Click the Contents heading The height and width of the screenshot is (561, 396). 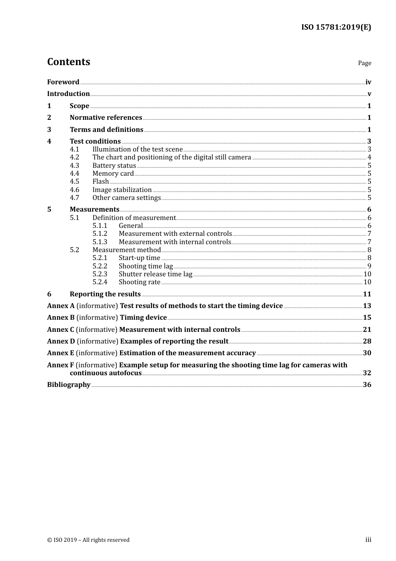[68, 62]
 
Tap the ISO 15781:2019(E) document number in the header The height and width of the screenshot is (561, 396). [336, 27]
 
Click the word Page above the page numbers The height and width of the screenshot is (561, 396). [364, 63]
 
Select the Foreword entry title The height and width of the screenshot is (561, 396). [63, 82]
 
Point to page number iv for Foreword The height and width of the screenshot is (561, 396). [368, 82]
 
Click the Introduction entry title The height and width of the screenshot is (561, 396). [68, 93]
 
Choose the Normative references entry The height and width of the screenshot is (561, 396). [106, 117]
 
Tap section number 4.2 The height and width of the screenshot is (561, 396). [74, 157]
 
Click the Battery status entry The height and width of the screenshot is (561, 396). [114, 165]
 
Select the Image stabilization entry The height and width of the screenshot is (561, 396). [122, 190]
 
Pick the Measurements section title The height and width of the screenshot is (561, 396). [95, 209]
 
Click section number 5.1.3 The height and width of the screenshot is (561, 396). [100, 242]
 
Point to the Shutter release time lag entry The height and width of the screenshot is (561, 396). [155, 274]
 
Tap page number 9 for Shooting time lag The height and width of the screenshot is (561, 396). [369, 266]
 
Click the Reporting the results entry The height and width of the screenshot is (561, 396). [105, 294]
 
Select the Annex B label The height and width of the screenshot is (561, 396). [61, 318]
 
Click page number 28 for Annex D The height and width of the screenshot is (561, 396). [367, 341]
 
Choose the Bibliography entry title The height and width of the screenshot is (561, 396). [69, 384]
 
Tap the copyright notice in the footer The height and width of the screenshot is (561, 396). [88, 540]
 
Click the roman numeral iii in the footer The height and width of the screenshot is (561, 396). [368, 540]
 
